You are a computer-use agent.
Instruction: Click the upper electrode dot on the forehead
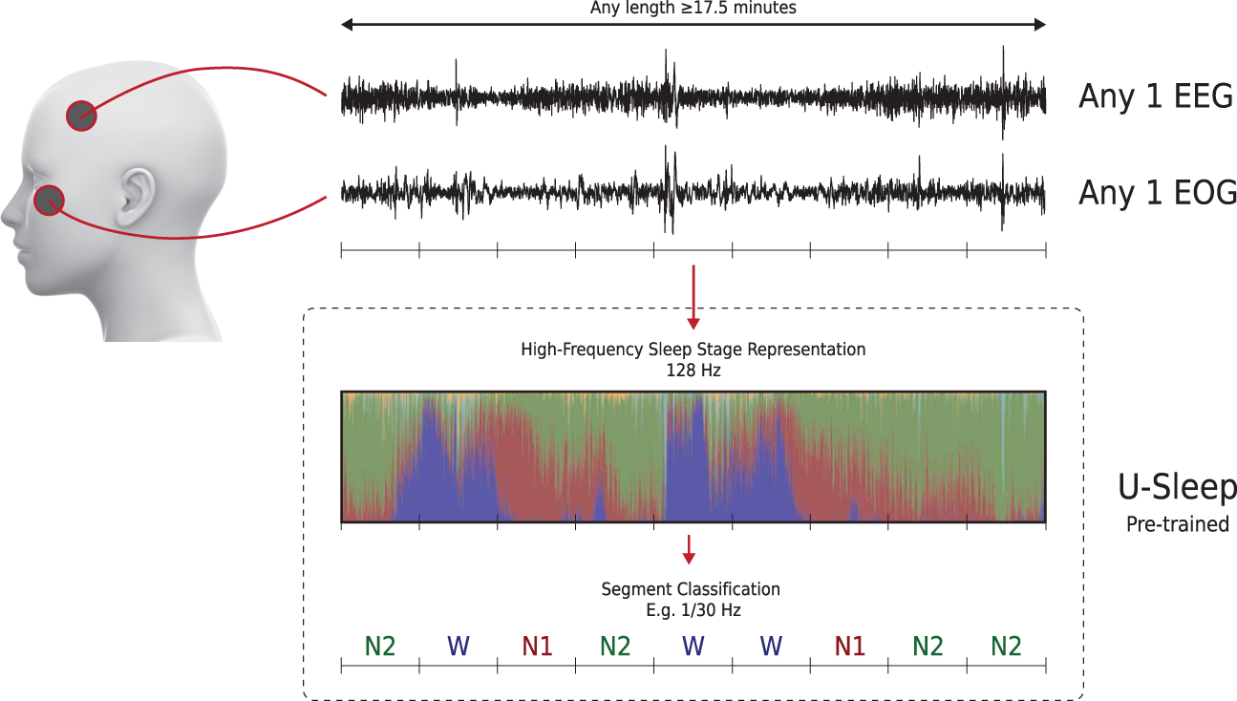[x=81, y=116]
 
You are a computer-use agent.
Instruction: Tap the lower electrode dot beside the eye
[x=49, y=201]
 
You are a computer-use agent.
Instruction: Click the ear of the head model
[x=136, y=196]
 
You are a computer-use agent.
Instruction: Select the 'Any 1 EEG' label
[x=1156, y=96]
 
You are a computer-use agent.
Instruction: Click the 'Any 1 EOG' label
[x=1158, y=193]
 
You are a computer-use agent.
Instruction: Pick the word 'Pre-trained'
[x=1178, y=523]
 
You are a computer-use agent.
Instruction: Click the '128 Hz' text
[x=693, y=370]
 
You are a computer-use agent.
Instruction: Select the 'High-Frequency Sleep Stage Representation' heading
[x=693, y=350]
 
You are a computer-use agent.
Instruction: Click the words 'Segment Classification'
[x=691, y=589]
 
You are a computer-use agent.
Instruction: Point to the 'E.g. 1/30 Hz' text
[x=693, y=610]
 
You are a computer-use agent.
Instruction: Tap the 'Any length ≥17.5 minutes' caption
[x=693, y=8]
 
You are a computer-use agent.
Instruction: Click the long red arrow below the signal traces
[x=693, y=297]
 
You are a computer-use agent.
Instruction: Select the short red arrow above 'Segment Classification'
[x=689, y=549]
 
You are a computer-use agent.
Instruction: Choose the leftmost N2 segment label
[x=380, y=646]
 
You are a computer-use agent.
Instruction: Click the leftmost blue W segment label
[x=459, y=646]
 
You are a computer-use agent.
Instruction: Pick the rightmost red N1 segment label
[x=849, y=646]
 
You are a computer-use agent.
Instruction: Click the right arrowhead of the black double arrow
[x=1040, y=24]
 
